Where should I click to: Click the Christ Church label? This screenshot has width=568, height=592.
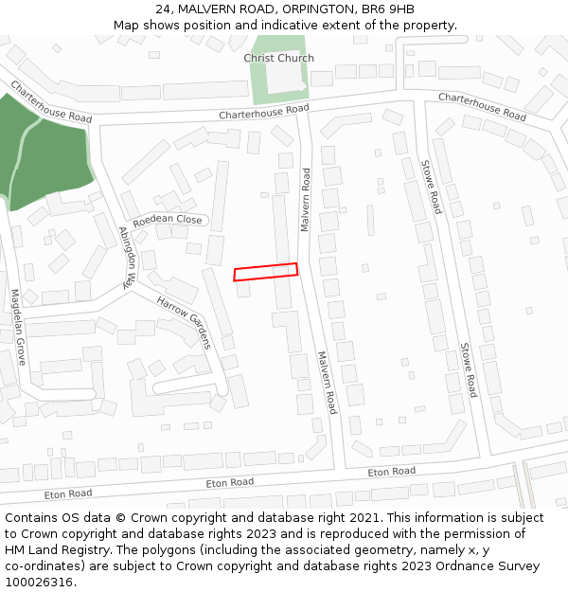click(278, 58)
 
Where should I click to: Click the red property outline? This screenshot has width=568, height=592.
click(266, 272)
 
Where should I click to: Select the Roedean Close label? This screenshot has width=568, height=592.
click(168, 221)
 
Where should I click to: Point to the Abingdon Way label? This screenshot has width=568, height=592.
click(129, 257)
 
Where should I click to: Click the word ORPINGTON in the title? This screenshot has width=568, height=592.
click(305, 9)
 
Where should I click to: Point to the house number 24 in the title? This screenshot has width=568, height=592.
click(163, 9)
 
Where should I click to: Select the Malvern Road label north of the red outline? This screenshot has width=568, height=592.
click(305, 200)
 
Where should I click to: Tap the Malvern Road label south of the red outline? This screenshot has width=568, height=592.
click(327, 383)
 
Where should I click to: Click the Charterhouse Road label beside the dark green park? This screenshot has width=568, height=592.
click(52, 102)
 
